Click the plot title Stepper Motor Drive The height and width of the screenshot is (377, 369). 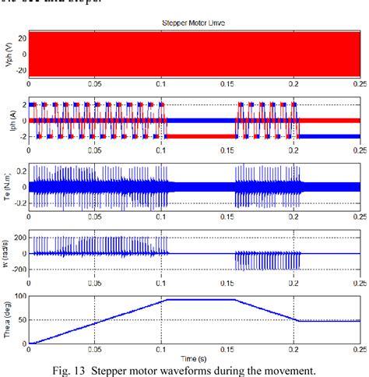pyautogui.click(x=194, y=24)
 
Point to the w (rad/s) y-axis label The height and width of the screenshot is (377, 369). pyautogui.click(x=6, y=254)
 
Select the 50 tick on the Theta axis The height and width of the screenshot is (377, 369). pyautogui.click(x=19, y=320)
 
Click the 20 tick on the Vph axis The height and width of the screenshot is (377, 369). pyautogui.click(x=19, y=37)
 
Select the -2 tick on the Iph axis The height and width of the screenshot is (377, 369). pyautogui.click(x=20, y=136)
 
